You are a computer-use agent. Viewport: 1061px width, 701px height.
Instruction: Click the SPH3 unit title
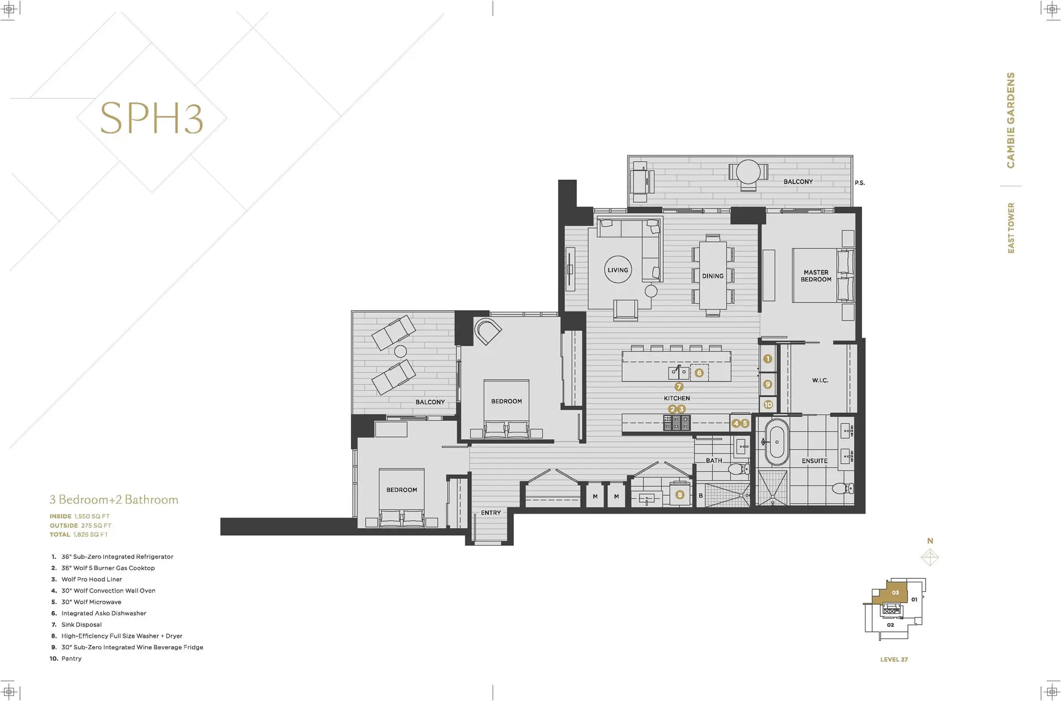[x=151, y=118]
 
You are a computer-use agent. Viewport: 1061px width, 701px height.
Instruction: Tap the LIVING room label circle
[x=618, y=270]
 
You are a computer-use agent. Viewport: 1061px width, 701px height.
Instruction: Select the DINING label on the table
[x=713, y=276]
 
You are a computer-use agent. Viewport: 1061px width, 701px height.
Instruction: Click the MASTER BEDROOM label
[x=816, y=276]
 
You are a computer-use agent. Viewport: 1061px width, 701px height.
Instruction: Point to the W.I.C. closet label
[x=820, y=380]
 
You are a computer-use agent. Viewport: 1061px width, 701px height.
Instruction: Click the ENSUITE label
[x=815, y=461]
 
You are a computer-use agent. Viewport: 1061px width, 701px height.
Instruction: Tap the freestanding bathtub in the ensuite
[x=777, y=442]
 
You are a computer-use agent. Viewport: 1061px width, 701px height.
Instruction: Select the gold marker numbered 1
[x=768, y=359]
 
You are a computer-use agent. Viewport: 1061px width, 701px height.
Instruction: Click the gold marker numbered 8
[x=680, y=495]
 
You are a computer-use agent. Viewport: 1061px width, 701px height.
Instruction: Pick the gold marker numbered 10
[x=768, y=405]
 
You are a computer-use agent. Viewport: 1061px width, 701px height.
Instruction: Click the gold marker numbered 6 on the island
[x=699, y=373]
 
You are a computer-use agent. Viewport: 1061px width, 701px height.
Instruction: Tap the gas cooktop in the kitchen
[x=677, y=423]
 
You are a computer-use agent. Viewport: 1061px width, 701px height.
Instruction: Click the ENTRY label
[x=491, y=512]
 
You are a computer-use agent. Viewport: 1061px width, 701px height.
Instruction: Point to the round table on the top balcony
[x=748, y=171]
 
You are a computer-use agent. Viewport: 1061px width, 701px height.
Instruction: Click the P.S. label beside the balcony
[x=859, y=183]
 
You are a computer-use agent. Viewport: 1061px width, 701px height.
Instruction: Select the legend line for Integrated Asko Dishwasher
[x=104, y=613]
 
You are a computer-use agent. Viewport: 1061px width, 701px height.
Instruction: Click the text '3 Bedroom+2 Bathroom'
[x=114, y=500]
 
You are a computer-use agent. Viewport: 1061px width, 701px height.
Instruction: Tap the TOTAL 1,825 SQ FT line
[x=79, y=535]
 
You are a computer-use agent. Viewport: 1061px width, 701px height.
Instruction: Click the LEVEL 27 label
[x=894, y=660]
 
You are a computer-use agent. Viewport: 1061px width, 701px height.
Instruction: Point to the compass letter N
[x=930, y=541]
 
